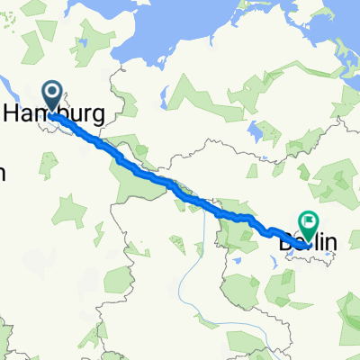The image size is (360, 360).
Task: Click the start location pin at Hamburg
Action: tap(50, 93)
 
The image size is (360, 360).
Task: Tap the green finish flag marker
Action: tap(309, 220)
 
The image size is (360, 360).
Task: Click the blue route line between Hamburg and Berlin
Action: tap(171, 184)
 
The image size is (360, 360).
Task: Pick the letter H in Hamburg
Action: tap(12, 113)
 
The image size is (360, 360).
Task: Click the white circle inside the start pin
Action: tap(50, 91)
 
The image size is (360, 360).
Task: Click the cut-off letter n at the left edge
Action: tap(3, 173)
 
